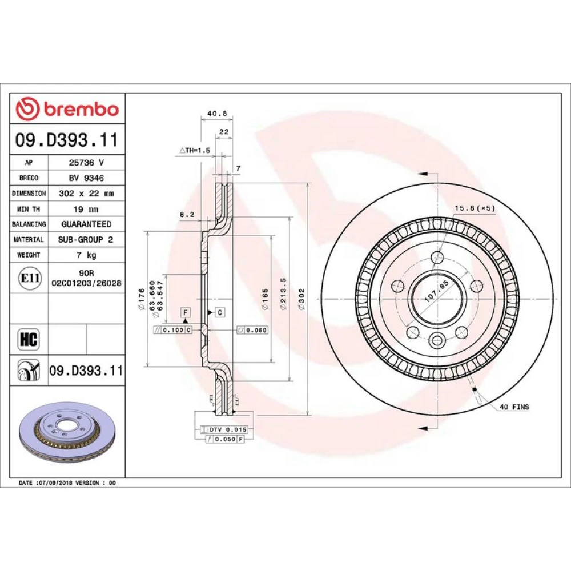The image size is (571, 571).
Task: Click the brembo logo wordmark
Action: click(82, 109)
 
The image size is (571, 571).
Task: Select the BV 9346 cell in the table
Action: click(86, 178)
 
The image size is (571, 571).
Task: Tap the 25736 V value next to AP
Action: click(86, 162)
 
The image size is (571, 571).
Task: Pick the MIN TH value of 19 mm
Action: click(86, 210)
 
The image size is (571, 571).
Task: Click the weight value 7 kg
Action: click(86, 255)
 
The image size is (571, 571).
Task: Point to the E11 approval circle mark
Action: click(30, 278)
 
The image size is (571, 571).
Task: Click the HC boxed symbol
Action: click(29, 339)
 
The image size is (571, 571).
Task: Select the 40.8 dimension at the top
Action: click(217, 114)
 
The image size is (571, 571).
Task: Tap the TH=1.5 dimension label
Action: click(195, 150)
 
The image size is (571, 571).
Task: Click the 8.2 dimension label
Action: click(187, 215)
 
